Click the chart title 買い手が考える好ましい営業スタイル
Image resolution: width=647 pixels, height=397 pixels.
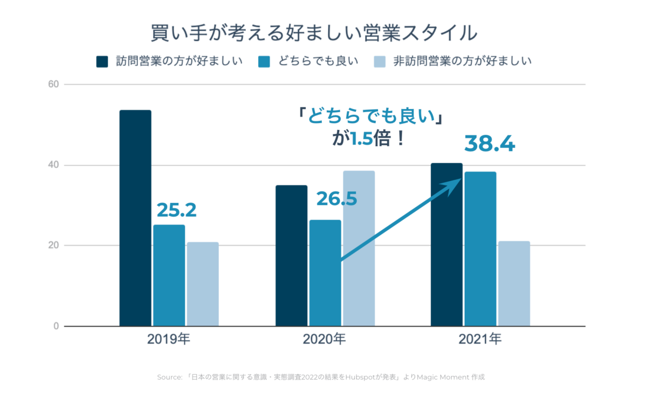tap(313, 33)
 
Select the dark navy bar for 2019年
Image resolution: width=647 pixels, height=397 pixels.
tap(135, 218)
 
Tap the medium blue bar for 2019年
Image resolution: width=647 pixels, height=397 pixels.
tap(169, 275)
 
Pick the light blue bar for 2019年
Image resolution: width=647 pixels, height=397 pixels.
tap(203, 284)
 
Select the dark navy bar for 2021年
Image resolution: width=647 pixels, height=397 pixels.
tap(446, 244)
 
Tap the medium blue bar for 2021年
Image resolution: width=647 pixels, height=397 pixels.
tap(480, 249)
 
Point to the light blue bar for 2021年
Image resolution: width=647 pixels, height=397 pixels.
tap(514, 283)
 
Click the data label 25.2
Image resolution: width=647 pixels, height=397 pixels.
tap(176, 210)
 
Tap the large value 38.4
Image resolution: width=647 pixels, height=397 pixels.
tap(490, 144)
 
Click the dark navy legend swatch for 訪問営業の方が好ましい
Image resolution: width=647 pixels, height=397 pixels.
tap(102, 61)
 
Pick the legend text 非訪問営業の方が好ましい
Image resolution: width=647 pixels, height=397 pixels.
tap(462, 61)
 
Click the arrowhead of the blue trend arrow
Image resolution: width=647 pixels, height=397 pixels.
tap(456, 184)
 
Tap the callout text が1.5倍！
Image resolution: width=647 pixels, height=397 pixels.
tap(368, 140)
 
